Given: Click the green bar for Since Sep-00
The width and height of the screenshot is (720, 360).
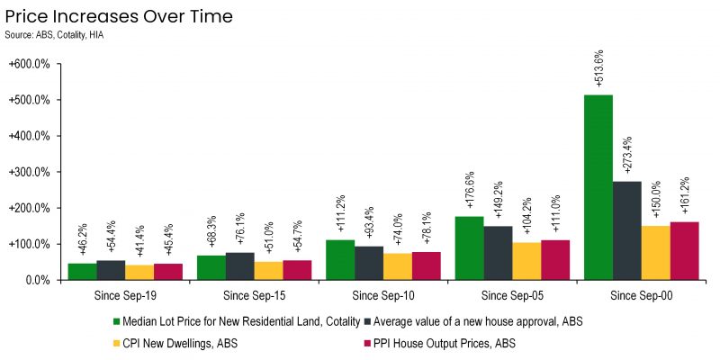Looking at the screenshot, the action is click(x=598, y=187).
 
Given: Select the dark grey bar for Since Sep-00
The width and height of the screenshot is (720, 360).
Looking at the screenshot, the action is click(x=626, y=230).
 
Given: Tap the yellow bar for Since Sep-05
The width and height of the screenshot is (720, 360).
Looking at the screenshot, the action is click(x=526, y=261).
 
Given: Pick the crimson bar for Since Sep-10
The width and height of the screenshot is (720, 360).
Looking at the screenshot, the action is click(x=426, y=265).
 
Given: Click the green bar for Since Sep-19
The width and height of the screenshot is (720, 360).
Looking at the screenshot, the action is click(x=82, y=272).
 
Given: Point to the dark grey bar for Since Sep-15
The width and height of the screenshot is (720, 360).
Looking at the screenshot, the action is click(x=239, y=266).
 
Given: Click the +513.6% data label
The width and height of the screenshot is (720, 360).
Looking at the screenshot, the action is click(x=598, y=68).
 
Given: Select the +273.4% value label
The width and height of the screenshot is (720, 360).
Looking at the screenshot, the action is click(x=627, y=155).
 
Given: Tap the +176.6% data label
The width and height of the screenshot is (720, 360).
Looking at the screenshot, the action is click(x=470, y=190).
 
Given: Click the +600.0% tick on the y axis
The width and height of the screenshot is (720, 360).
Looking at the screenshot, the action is click(x=29, y=64).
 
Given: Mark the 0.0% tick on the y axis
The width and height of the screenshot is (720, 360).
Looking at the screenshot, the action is click(x=35, y=280).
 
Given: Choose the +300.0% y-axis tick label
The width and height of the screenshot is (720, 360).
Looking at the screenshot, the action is click(x=29, y=172).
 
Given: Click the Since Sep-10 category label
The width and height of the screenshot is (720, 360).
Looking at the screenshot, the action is click(x=383, y=296).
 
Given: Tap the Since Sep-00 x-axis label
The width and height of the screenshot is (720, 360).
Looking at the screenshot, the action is click(x=642, y=296).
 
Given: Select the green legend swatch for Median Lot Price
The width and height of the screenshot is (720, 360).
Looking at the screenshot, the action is click(x=116, y=322).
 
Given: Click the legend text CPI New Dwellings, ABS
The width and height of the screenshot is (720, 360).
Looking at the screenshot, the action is click(x=181, y=343).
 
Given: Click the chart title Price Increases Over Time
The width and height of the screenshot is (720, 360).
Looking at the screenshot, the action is click(x=119, y=17).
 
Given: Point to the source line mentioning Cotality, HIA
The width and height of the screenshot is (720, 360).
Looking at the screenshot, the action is click(x=54, y=35).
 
